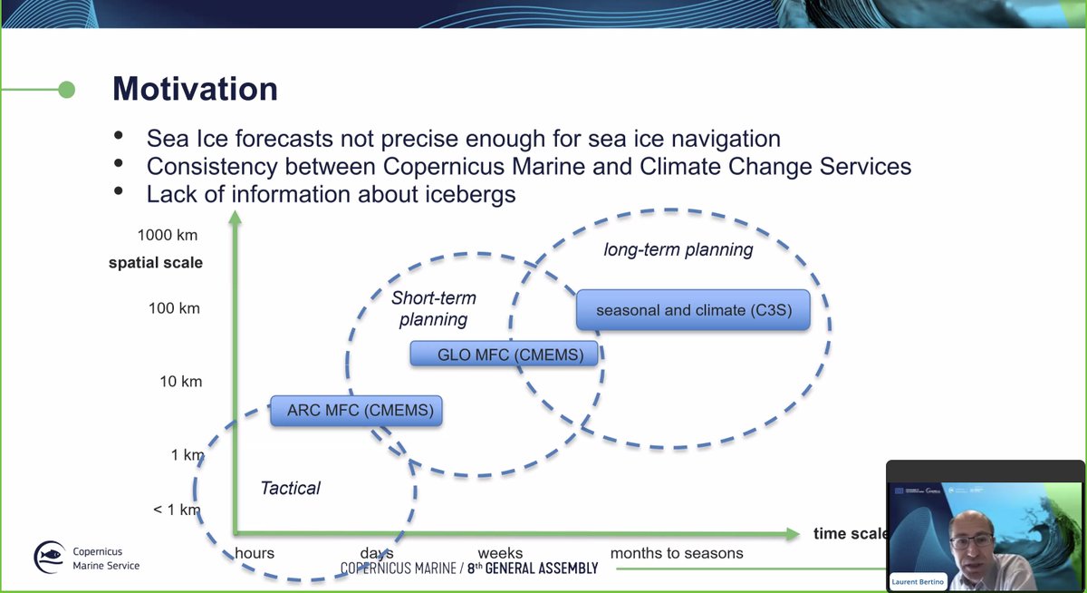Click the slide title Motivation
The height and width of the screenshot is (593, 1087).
point(195,89)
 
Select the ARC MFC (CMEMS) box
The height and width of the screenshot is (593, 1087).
point(360,411)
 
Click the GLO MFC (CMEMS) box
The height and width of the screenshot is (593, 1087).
point(504,355)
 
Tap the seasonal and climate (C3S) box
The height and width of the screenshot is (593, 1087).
point(692,310)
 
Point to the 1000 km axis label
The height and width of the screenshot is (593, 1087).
point(168,236)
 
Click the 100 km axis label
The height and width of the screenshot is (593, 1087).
point(174,308)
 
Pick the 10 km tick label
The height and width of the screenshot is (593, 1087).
point(181,382)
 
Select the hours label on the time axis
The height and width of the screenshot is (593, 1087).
point(255,553)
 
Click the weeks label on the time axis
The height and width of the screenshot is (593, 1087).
point(500,553)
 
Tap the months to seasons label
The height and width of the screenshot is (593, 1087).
point(677,553)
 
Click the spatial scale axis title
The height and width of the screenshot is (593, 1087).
point(156,263)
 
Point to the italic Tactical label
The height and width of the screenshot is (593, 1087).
point(290,489)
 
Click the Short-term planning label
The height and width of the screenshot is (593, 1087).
point(433,308)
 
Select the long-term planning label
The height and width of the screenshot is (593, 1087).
point(678,249)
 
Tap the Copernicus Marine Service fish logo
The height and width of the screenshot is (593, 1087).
point(49,558)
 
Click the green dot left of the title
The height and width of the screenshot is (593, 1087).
point(66,89)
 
